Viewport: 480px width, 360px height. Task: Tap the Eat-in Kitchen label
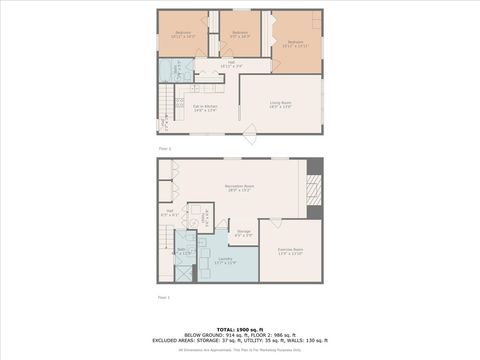pyautogui.click(x=205, y=108)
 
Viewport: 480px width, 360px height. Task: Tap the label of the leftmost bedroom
pyautogui.click(x=183, y=35)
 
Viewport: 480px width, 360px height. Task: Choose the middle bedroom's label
pyautogui.click(x=240, y=35)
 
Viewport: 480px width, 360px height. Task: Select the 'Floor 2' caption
pyautogui.click(x=163, y=149)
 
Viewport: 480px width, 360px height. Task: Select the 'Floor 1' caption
pyautogui.click(x=163, y=297)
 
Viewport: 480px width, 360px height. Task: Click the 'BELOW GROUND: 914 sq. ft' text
pyautogui.click(x=208, y=335)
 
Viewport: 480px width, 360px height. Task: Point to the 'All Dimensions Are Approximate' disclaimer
pyautogui.click(x=240, y=349)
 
